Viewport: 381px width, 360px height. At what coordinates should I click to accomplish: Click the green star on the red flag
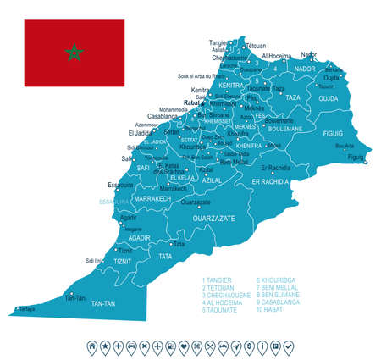click(x=75, y=53)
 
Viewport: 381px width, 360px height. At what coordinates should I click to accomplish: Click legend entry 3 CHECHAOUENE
click(x=229, y=294)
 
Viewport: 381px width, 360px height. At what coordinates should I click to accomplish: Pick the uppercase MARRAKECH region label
click(x=152, y=197)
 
